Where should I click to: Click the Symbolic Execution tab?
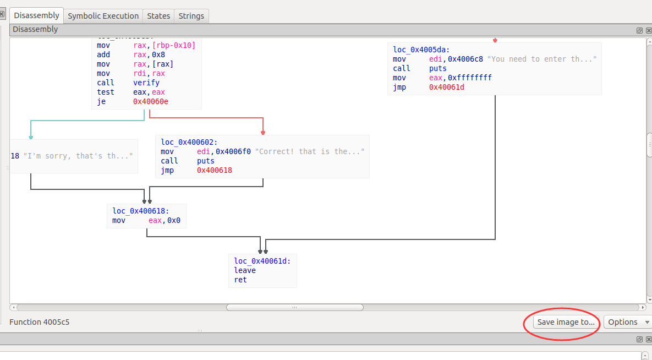pos(103,16)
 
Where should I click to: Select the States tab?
pos(158,16)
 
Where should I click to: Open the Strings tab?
pos(191,16)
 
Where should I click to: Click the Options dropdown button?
pos(628,322)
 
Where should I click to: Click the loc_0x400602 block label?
pos(189,142)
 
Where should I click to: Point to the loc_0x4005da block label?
pos(421,50)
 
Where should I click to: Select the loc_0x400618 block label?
pos(141,211)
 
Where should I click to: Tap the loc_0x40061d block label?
pos(262,261)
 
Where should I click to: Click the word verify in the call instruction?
pos(146,83)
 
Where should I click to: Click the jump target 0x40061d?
pos(447,87)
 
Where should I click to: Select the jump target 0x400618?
pos(215,171)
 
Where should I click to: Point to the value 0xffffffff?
pos(470,78)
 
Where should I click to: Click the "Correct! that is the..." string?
pos(310,151)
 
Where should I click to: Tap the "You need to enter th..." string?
pos(542,59)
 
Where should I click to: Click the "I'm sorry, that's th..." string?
pos(78,156)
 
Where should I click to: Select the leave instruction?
pos(245,270)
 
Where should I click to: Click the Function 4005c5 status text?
pos(39,321)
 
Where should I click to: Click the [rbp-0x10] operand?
pos(172,45)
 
